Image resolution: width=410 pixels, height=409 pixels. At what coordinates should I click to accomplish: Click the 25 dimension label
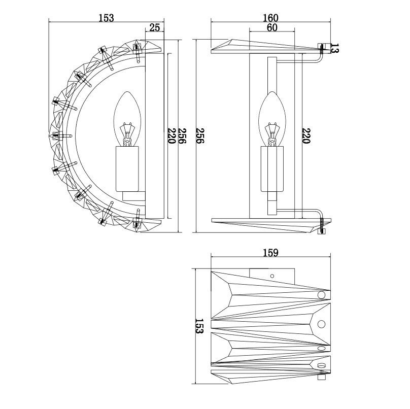(155, 27)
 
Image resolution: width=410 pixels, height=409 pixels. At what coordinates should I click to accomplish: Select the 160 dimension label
(270, 18)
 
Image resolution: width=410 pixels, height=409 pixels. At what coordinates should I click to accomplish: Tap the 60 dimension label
(272, 27)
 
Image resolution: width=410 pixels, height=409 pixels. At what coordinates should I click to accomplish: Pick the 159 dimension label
(270, 253)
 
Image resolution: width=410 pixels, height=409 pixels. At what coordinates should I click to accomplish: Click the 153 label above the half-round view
(106, 18)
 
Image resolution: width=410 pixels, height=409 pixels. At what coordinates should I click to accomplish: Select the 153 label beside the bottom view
(199, 326)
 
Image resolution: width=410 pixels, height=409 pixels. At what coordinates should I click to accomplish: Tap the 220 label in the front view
(306, 135)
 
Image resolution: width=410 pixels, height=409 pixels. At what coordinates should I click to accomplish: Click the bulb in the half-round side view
(127, 119)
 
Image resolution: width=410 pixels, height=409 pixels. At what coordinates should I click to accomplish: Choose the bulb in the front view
(272, 119)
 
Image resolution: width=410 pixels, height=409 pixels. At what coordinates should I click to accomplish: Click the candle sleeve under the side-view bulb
(127, 169)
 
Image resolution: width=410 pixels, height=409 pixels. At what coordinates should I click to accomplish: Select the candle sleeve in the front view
(272, 169)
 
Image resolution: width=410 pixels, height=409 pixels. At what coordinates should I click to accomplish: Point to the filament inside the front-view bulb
(272, 134)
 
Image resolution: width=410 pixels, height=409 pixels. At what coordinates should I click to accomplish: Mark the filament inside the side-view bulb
(127, 134)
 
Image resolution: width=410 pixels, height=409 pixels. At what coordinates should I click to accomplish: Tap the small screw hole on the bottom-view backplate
(272, 276)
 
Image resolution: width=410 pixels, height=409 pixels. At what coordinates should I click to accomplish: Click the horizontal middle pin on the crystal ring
(62, 136)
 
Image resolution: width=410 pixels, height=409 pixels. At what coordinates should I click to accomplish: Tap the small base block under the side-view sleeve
(133, 196)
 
